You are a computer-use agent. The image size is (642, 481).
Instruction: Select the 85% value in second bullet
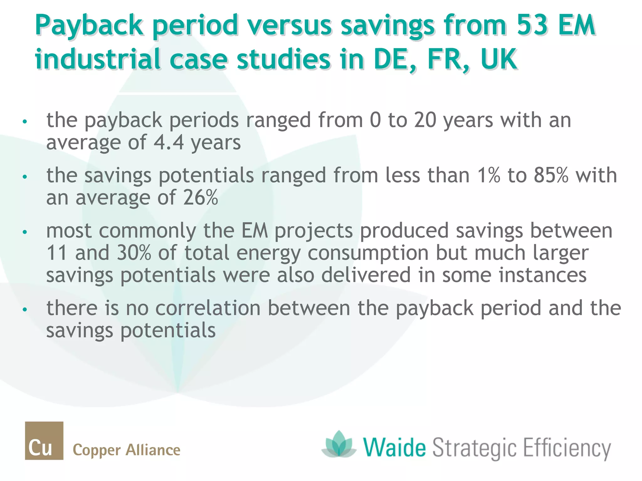coord(551,175)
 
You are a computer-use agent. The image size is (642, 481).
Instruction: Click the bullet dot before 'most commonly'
coord(25,232)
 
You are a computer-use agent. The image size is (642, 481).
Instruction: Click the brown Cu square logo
coord(44,440)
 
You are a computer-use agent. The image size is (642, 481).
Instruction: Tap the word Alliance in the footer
coord(153,450)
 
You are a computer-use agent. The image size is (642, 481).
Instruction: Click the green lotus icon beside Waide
coord(339,445)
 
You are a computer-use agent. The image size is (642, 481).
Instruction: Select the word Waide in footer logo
coord(394,448)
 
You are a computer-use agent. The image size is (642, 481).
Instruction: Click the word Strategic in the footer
coord(474,448)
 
